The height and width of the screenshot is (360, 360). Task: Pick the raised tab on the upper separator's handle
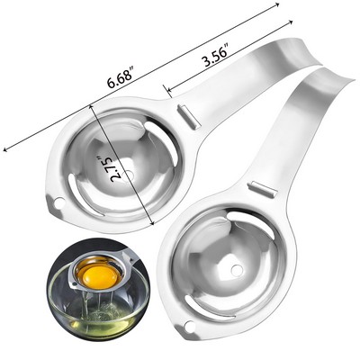[x=184, y=115]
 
